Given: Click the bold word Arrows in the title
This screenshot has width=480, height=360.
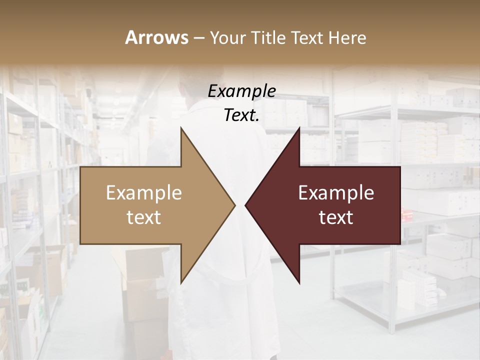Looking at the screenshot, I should [x=157, y=37].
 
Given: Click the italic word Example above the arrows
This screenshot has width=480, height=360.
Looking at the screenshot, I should [x=242, y=91].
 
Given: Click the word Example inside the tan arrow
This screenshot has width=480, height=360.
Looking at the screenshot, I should [x=144, y=193].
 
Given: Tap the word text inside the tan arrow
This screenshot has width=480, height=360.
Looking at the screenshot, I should [x=144, y=217].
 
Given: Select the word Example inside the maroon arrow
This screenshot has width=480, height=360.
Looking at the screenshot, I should [x=336, y=193].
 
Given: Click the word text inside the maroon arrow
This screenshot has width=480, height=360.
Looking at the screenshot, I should [x=336, y=217].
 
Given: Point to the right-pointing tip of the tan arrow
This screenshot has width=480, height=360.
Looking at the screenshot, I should [x=235, y=205].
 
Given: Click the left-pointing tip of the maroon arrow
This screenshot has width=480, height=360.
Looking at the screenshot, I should [x=245, y=205].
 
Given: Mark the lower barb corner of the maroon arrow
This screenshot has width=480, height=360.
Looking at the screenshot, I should [x=299, y=283].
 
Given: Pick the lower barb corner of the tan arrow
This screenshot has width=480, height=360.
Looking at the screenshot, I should [x=181, y=283].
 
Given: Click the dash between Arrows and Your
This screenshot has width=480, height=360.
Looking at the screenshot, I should [x=198, y=38].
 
